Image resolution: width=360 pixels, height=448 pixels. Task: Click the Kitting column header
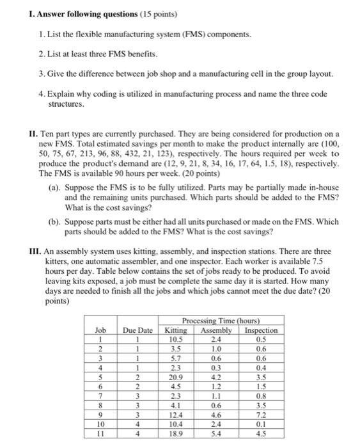pyautogui.click(x=176, y=330)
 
